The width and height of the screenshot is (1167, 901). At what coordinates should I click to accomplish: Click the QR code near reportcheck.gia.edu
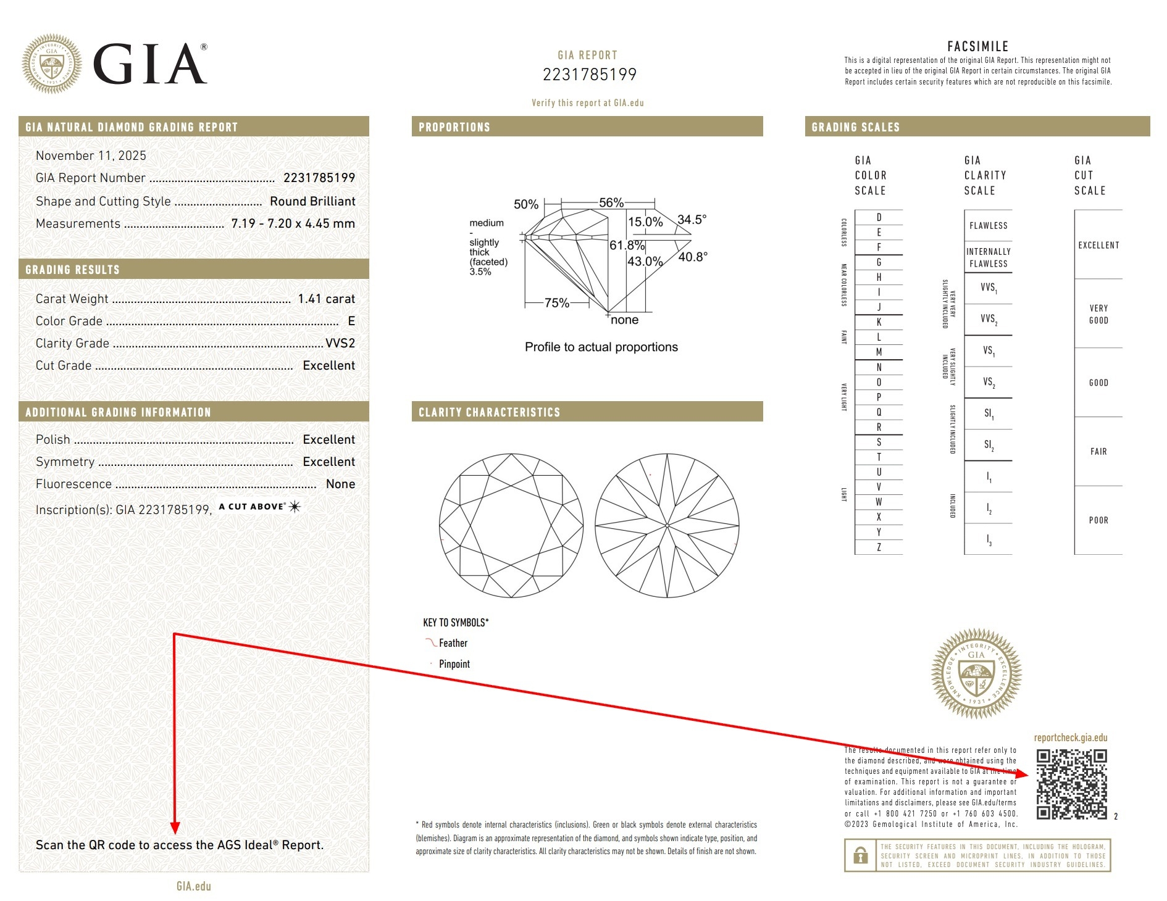point(1071,784)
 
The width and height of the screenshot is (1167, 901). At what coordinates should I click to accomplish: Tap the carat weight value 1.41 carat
point(326,299)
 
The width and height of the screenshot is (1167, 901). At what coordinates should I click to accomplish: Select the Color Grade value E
point(351,321)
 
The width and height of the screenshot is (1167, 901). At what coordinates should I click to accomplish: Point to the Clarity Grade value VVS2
point(340,343)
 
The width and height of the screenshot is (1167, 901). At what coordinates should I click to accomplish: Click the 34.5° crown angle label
point(692,220)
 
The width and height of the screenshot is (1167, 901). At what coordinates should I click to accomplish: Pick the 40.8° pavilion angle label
point(693,257)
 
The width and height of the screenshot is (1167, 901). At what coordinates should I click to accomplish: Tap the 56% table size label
point(611,202)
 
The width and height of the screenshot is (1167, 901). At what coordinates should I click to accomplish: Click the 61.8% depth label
point(626,245)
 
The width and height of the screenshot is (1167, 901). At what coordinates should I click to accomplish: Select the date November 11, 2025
point(91,156)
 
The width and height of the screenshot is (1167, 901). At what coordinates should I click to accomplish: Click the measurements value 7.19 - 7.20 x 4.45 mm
point(293,223)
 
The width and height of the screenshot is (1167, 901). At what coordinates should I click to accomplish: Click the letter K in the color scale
point(879,322)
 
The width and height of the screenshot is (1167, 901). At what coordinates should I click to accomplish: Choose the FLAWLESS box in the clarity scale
point(988,226)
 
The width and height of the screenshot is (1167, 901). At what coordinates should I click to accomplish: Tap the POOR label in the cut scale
point(1098,520)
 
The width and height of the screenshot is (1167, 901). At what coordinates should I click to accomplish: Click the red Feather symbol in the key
point(430,642)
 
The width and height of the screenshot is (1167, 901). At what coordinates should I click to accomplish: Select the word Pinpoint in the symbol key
point(454,664)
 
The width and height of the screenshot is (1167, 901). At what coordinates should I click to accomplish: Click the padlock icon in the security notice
point(860,855)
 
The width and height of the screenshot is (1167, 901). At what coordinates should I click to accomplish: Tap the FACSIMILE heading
point(977,46)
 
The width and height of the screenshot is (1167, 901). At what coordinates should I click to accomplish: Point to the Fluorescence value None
point(340,484)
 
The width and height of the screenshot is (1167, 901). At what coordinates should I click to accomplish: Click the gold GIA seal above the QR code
point(976,674)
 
